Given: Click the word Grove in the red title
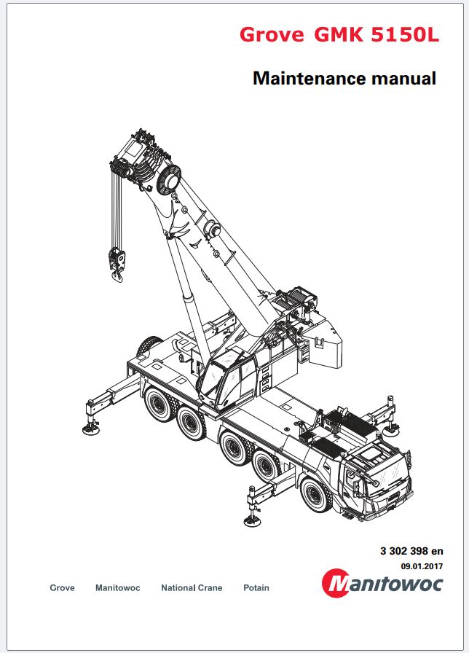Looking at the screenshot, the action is point(272,34).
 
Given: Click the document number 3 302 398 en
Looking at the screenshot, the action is point(411,551).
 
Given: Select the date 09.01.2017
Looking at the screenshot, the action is point(422,566).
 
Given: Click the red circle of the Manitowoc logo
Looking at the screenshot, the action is point(336,582).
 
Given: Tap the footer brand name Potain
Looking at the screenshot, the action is point(256,588).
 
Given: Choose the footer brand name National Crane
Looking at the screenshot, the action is point(192,588).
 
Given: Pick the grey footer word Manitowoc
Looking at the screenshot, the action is point(118,588).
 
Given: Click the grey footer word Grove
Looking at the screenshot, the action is point(63,588).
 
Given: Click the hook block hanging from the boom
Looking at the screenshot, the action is point(117,264).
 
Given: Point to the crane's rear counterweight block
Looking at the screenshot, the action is point(325,342).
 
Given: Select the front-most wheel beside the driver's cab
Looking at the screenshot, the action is point(317,496).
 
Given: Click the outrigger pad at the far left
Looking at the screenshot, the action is point(91,429).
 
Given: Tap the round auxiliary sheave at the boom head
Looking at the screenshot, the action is point(169,179).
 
